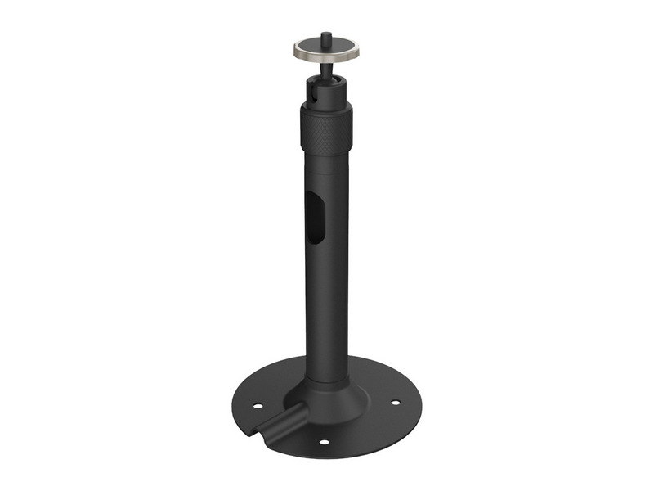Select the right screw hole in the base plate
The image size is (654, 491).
click(x=395, y=402)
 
